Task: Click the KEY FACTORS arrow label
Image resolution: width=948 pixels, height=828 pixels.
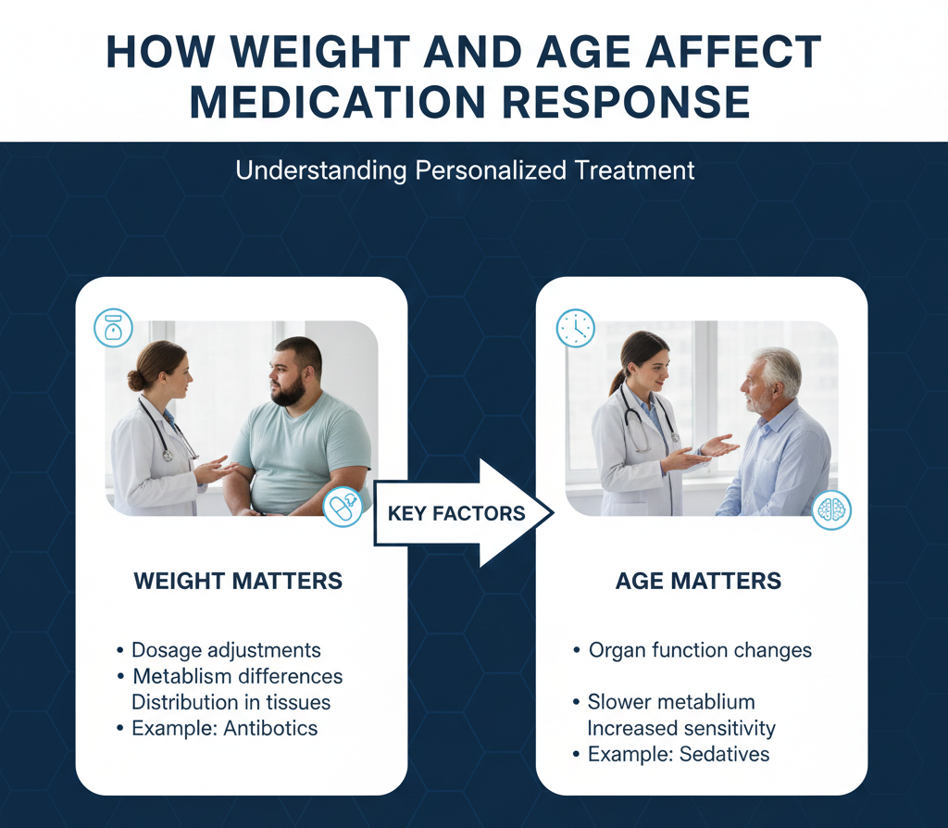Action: pyautogui.click(x=455, y=513)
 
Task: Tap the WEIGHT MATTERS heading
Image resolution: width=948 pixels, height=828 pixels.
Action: pyautogui.click(x=238, y=582)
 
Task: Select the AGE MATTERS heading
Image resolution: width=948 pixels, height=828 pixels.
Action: pyautogui.click(x=698, y=582)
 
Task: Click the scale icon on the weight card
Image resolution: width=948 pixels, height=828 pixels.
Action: pyautogui.click(x=114, y=328)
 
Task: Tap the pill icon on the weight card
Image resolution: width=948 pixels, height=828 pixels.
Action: pyautogui.click(x=343, y=507)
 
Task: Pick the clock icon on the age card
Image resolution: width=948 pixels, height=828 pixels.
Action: pyautogui.click(x=575, y=329)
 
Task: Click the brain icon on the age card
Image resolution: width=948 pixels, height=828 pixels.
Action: pyautogui.click(x=830, y=510)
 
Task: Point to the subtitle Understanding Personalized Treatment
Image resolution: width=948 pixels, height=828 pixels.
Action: pyautogui.click(x=465, y=171)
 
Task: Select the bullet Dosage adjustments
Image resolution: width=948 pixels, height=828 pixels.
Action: pyautogui.click(x=226, y=650)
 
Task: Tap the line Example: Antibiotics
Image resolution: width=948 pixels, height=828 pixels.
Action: pyautogui.click(x=224, y=728)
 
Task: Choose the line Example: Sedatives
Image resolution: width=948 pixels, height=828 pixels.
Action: pyautogui.click(x=679, y=754)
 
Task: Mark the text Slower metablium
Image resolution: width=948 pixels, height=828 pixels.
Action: pyautogui.click(x=671, y=702)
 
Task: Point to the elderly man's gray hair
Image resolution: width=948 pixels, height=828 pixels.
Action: pyautogui.click(x=781, y=366)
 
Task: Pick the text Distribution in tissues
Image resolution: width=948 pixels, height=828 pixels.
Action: pyautogui.click(x=231, y=702)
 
